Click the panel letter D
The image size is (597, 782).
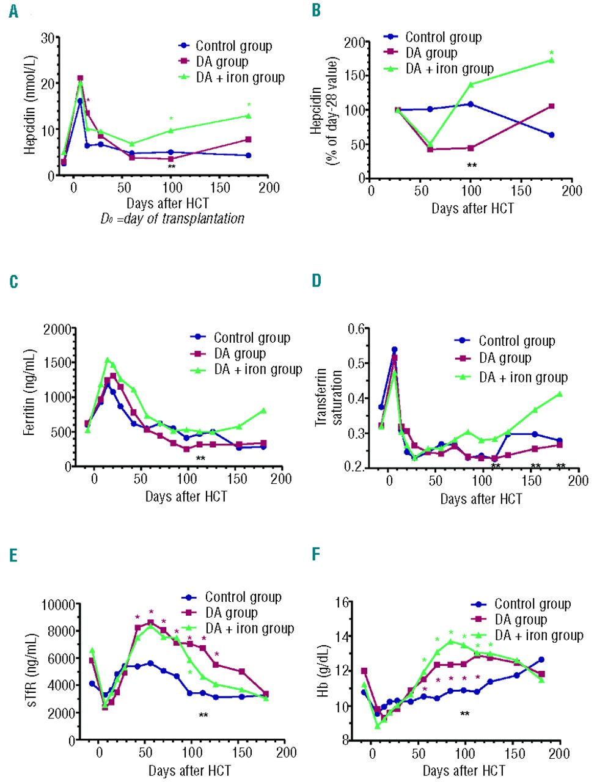[x=317, y=280]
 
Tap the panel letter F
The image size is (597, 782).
[x=316, y=554]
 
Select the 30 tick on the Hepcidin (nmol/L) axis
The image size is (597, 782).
[x=47, y=37]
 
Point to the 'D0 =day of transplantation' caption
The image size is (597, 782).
[x=172, y=219]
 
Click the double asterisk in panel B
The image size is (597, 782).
[x=472, y=166]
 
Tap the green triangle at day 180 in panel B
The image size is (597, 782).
[x=552, y=60]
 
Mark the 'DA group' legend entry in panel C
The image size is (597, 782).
[x=240, y=354]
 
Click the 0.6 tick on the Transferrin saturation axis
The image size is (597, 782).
[x=356, y=329]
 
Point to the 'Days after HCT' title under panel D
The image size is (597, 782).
[x=482, y=499]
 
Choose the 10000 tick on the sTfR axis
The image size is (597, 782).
[x=58, y=605]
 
